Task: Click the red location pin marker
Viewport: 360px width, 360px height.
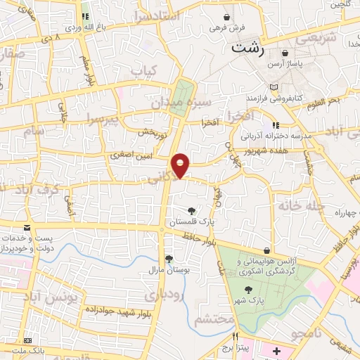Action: pos(181,165)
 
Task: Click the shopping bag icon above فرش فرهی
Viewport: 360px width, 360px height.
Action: pos(226,18)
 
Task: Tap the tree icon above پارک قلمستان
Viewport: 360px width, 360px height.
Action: pos(191,210)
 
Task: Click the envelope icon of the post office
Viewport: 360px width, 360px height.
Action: pos(27,228)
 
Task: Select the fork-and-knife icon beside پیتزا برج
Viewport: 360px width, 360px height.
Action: pos(236,336)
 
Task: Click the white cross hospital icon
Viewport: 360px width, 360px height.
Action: pos(276,350)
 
